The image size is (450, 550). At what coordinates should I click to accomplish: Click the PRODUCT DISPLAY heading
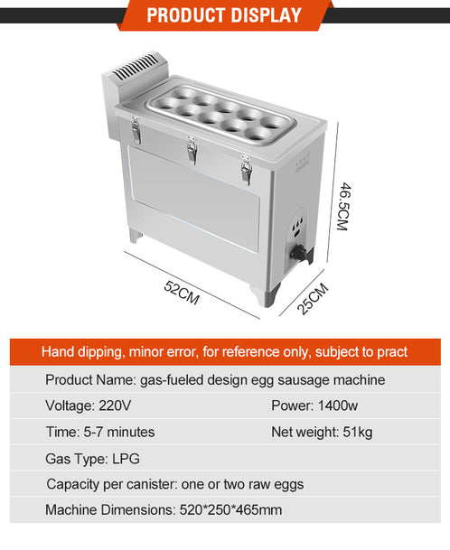(224, 15)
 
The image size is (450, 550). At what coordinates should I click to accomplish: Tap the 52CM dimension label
(182, 293)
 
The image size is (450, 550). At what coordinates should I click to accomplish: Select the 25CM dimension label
(313, 298)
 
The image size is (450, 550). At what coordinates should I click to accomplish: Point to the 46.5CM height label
(344, 206)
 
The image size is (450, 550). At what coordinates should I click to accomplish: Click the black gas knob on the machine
(299, 252)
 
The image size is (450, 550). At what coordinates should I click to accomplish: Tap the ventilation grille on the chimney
(136, 66)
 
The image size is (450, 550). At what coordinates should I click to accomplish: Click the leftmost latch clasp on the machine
(136, 130)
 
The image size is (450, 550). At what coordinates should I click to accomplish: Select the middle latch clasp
(192, 149)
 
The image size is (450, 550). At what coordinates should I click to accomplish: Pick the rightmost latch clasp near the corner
(247, 169)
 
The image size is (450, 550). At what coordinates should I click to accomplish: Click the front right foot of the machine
(266, 295)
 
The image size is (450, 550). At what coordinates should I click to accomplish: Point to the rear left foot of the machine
(135, 236)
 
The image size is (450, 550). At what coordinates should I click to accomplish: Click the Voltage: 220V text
(89, 406)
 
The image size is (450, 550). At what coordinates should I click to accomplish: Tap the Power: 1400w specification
(314, 406)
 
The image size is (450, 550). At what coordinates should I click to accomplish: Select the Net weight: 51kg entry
(322, 432)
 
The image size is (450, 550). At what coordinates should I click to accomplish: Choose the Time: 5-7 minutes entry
(100, 432)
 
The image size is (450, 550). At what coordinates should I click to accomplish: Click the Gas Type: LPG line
(93, 459)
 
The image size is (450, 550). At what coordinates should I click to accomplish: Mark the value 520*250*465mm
(230, 509)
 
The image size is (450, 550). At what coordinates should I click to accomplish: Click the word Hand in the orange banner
(58, 351)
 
